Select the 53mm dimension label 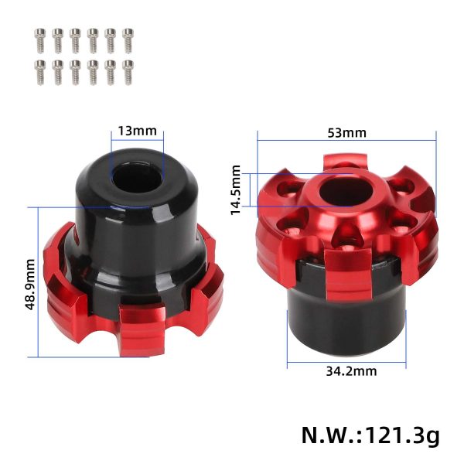tap(346, 132)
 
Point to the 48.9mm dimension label tap(30, 282)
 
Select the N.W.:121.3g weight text tap(370, 435)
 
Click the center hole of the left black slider tap(138, 177)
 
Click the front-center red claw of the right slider tap(345, 271)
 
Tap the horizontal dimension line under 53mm tap(346, 140)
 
